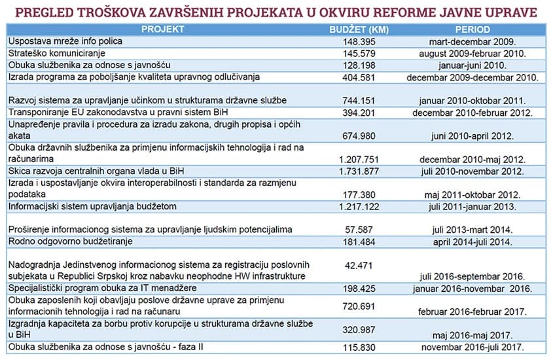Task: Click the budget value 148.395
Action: click(359, 41)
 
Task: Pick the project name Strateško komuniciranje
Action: click(56, 52)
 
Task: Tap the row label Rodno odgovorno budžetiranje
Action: click(70, 242)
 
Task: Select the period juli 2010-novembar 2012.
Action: click(472, 171)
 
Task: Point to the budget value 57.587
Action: click(359, 230)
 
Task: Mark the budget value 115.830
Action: click(359, 347)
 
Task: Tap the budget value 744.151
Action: click(359, 101)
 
